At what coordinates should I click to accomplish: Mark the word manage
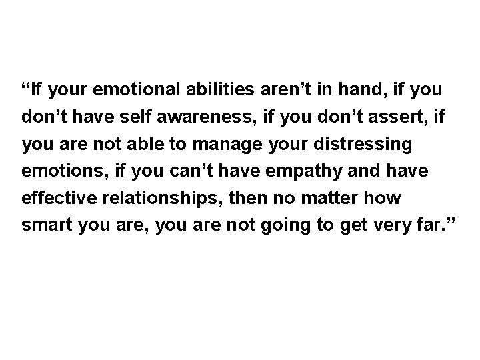(203, 143)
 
